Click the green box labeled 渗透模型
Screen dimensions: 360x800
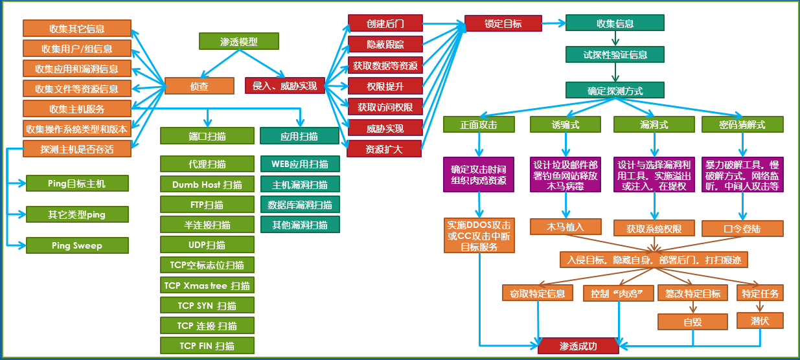coord(238,41)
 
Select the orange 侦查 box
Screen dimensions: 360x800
coord(199,85)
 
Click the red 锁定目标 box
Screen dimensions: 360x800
coord(503,23)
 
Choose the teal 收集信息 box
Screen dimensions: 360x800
coord(615,23)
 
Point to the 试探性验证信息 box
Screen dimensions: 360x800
coord(615,55)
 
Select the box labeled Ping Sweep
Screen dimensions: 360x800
coord(77,245)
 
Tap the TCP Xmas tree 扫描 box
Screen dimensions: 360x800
coord(207,285)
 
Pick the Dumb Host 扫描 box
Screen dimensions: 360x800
coord(207,185)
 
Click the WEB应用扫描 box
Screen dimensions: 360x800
coord(300,164)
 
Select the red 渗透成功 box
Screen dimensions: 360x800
coord(578,346)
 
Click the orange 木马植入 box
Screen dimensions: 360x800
coord(566,227)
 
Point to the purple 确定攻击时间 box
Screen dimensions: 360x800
coord(479,174)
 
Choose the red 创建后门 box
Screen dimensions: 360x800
coord(385,23)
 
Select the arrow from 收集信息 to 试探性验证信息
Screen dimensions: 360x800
coord(615,39)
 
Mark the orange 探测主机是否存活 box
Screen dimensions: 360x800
coord(77,149)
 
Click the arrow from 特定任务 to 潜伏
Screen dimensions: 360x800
coord(760,307)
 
